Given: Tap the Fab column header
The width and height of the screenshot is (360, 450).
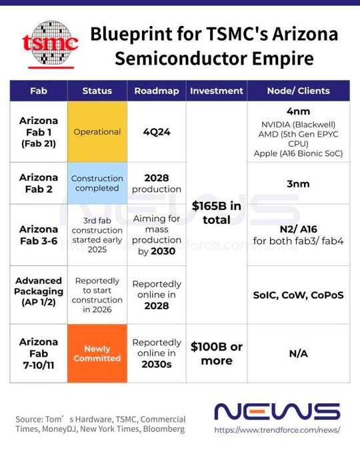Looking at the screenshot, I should pyautogui.click(x=39, y=91).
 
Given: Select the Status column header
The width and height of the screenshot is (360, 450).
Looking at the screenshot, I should pyautogui.click(x=97, y=91).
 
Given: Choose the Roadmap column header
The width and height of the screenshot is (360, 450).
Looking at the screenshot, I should pyautogui.click(x=157, y=91).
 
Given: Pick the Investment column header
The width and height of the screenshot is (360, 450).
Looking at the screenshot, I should pyautogui.click(x=217, y=91).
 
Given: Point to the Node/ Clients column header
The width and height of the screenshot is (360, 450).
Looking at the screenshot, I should pyautogui.click(x=298, y=91).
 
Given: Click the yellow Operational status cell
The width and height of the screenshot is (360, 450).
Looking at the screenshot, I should pyautogui.click(x=97, y=132).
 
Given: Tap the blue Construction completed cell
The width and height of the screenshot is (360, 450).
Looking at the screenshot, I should pyautogui.click(x=97, y=185).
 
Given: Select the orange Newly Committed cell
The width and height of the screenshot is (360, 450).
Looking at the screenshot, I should pyautogui.click(x=97, y=353).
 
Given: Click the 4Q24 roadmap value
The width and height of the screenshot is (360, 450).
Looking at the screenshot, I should pyautogui.click(x=157, y=132).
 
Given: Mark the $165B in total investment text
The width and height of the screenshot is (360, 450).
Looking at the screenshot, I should pyautogui.click(x=217, y=213).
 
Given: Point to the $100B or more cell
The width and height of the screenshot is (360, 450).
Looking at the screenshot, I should pyautogui.click(x=217, y=353).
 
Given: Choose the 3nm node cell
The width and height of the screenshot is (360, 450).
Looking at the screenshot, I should pyautogui.click(x=298, y=185).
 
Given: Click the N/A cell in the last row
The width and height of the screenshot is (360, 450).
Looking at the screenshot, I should pyautogui.click(x=298, y=353).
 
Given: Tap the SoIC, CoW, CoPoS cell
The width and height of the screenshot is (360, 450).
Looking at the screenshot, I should pyautogui.click(x=298, y=295).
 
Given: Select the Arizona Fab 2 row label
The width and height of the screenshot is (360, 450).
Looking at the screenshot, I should pyautogui.click(x=39, y=185).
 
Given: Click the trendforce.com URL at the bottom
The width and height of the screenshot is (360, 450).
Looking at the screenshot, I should pyautogui.click(x=277, y=431).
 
